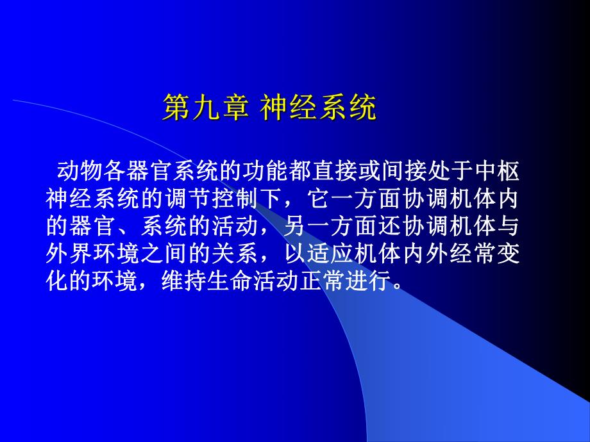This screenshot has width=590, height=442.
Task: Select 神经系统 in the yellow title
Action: (318, 109)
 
